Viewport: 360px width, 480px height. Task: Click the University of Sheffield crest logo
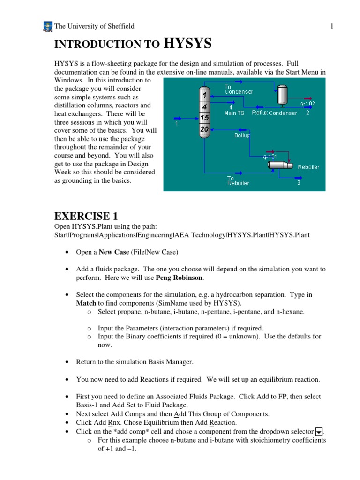point(47,26)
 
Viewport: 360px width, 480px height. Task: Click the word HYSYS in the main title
point(187,44)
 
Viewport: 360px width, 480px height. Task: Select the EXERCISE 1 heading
point(86,216)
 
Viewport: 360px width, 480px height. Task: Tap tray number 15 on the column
point(204,118)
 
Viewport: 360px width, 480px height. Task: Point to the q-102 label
point(307,103)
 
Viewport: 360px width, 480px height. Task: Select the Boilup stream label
point(242,135)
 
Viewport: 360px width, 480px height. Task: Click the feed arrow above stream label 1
point(178,118)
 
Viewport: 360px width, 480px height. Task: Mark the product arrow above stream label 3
point(298,177)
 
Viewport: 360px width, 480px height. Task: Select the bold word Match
point(86,303)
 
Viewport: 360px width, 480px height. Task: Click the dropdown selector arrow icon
point(319,431)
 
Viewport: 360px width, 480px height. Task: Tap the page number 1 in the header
point(331,26)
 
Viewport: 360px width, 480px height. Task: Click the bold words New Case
point(113,252)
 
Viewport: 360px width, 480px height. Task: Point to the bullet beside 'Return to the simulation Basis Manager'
point(67,362)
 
